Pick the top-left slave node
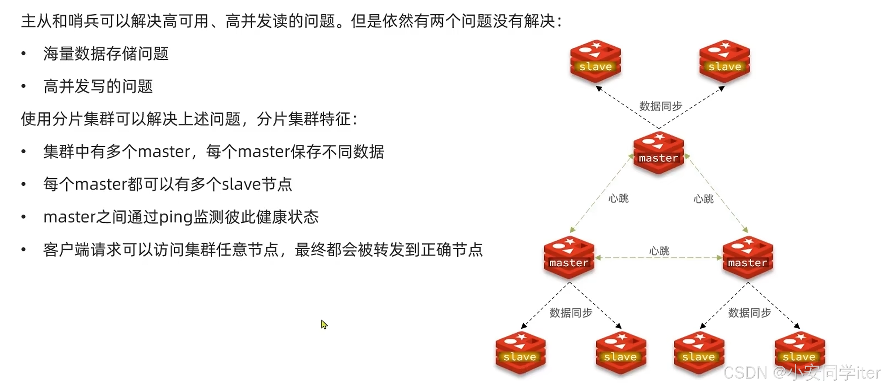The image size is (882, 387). point(596,61)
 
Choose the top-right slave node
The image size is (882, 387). point(724,61)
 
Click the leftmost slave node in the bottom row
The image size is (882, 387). point(520,352)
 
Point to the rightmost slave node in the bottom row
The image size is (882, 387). point(800,352)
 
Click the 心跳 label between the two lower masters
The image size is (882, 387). point(659,251)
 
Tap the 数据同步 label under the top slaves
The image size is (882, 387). point(660,106)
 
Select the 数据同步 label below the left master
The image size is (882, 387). point(571,313)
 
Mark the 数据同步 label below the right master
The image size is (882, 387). point(749,313)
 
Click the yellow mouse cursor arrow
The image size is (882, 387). point(324,325)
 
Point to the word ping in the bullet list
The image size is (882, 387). point(176,217)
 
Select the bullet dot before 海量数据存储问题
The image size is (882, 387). point(24,54)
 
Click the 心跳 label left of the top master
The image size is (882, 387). point(618,199)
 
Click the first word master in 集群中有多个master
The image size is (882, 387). point(164,152)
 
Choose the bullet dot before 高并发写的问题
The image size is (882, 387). point(24,86)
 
